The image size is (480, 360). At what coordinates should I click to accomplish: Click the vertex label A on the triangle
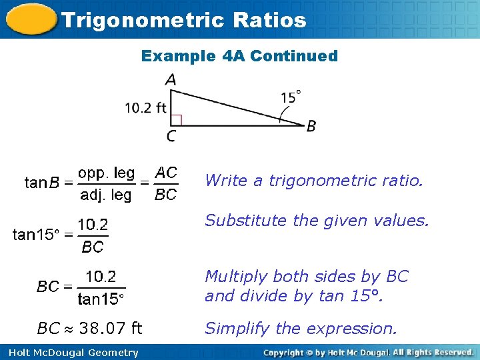point(171,80)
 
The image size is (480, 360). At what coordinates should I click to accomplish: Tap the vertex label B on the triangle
point(311,126)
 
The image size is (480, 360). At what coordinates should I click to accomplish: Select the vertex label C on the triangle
point(171,137)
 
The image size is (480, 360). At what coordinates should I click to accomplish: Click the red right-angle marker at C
point(176,120)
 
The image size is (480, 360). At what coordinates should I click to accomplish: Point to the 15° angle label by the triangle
point(290,97)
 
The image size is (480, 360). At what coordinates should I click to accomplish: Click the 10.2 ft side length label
point(145,108)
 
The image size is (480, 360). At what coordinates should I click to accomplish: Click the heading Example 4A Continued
point(239,56)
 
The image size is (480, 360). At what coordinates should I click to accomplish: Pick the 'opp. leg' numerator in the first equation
point(106,173)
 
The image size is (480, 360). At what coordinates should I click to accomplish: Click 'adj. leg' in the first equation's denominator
point(106,195)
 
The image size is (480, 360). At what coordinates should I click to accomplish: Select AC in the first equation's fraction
point(166,173)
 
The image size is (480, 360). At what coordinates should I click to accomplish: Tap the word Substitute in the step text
point(237,221)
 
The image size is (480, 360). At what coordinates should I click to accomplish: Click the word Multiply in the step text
point(232,276)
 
